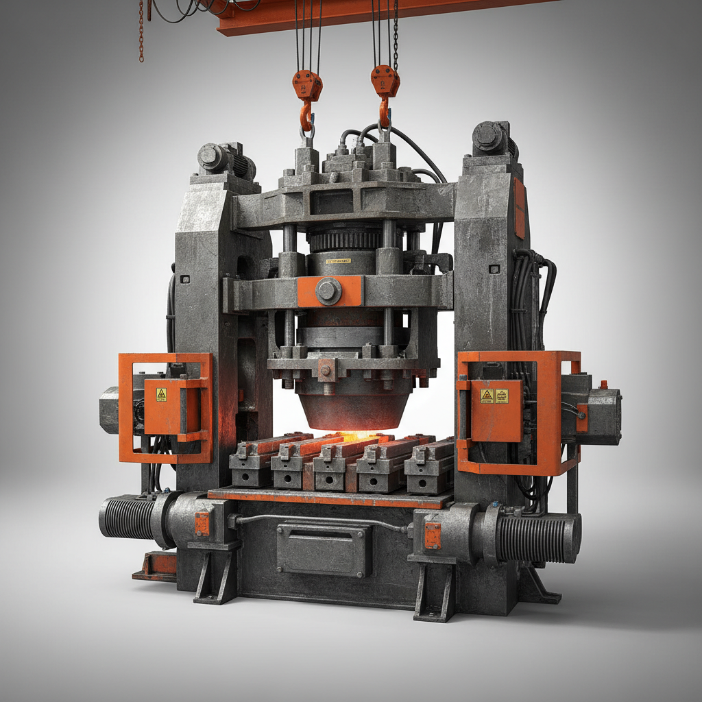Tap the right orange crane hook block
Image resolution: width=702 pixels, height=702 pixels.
(385, 82)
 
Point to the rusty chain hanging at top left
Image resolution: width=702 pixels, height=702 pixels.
(142, 31)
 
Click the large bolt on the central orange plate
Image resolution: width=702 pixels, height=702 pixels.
(328, 291)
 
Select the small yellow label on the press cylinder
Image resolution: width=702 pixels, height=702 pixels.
(338, 261)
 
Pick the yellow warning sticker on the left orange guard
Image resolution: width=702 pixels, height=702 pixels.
(161, 394)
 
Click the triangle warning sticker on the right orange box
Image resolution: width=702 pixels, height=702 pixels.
(487, 396)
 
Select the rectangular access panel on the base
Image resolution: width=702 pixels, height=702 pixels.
(324, 549)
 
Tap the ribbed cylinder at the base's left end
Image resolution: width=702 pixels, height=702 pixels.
(129, 518)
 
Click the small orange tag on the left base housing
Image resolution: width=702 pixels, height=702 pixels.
(202, 524)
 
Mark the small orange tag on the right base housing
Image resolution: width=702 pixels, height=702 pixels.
(433, 535)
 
